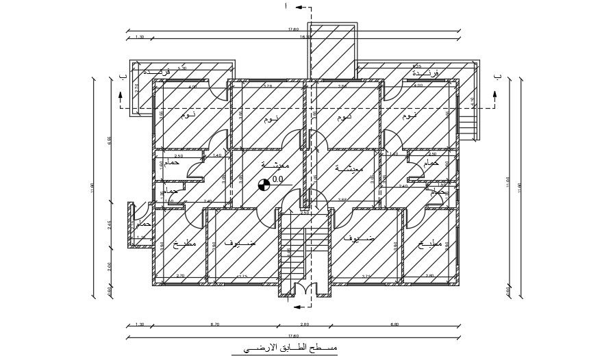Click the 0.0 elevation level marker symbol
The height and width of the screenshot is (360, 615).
(263, 183)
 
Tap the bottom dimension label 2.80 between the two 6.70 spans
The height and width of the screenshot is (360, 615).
(305, 324)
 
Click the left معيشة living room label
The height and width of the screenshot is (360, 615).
(275, 166)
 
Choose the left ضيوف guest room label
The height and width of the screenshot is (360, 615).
(240, 242)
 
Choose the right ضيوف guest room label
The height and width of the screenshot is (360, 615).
(361, 240)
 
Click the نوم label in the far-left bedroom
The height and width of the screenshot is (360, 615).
(188, 116)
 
